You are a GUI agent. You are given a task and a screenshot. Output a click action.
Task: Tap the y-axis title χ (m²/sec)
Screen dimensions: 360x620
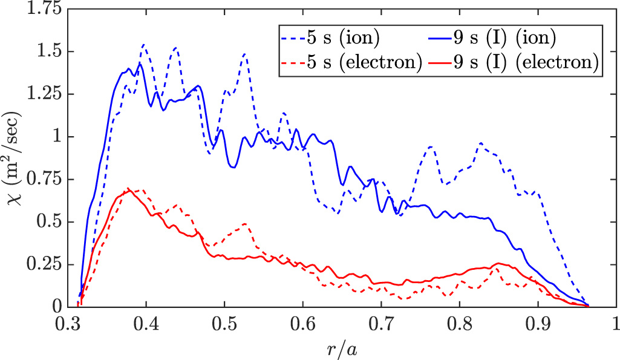[13, 157]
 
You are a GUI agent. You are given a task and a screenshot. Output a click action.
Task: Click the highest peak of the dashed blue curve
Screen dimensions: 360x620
[143, 44]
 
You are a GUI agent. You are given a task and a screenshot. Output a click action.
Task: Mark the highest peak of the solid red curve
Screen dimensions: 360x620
[128, 189]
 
